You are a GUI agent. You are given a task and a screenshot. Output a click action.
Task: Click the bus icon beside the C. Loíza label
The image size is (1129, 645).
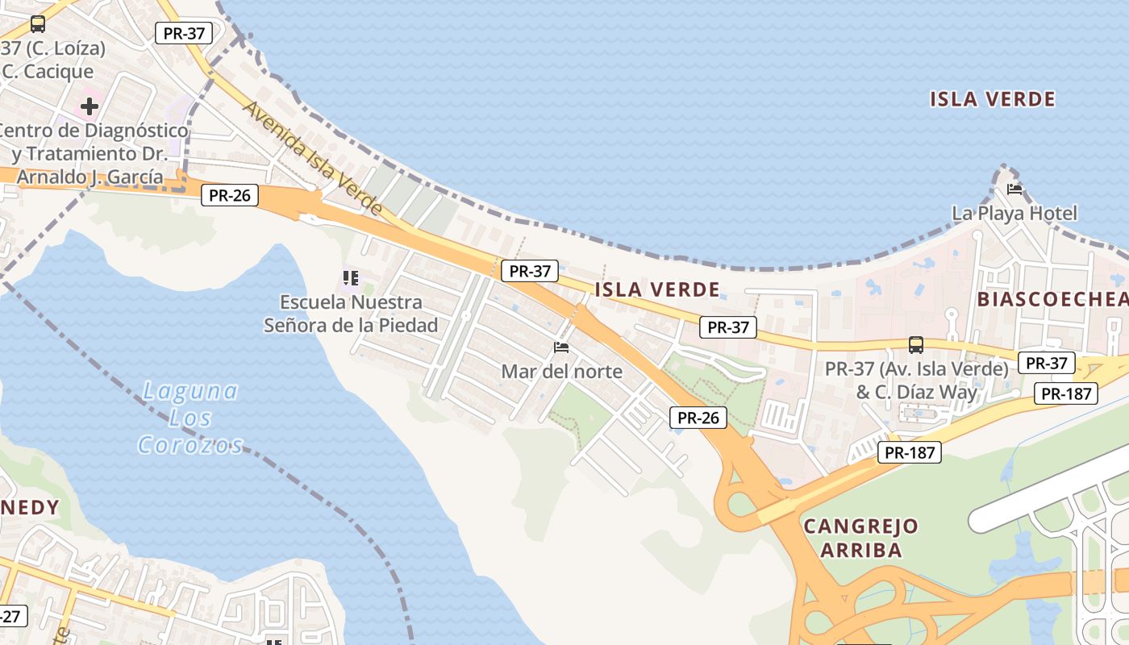(37, 24)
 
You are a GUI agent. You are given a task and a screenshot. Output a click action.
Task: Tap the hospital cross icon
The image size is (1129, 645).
(89, 106)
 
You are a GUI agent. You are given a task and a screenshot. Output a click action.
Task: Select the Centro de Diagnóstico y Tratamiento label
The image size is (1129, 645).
(90, 153)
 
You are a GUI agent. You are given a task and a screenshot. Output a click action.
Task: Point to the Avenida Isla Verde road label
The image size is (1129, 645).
(313, 158)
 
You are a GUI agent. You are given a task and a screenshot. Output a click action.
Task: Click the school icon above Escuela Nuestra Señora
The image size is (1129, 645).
(350, 279)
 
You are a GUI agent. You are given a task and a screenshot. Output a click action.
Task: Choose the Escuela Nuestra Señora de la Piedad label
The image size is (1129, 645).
(351, 314)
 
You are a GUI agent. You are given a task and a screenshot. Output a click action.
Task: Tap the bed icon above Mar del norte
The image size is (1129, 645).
(561, 347)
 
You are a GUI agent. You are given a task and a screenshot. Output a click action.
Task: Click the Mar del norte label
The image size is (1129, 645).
(561, 371)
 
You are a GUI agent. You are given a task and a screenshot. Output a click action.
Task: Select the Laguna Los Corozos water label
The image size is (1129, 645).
(190, 418)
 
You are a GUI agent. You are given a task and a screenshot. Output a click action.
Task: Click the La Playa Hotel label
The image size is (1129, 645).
(1014, 213)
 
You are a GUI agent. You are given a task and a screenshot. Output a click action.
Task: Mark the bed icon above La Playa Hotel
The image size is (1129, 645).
(1014, 189)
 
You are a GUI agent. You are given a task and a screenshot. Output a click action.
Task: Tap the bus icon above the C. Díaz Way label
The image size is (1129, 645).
(916, 345)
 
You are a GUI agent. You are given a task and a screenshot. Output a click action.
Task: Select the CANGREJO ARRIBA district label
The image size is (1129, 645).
(861, 539)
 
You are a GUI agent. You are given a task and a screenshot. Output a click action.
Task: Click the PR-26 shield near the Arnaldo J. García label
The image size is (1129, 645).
(230, 195)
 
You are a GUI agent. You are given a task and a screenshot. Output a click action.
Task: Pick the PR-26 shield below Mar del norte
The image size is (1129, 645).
(698, 418)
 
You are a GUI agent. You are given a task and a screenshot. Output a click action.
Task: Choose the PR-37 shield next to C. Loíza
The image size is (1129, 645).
(184, 33)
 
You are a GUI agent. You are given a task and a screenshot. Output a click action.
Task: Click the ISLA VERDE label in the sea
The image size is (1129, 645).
(992, 99)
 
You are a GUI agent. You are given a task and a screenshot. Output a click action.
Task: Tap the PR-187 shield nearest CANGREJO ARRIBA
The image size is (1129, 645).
(910, 452)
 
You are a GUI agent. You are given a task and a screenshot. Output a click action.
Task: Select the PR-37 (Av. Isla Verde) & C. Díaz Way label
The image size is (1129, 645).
(917, 381)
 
